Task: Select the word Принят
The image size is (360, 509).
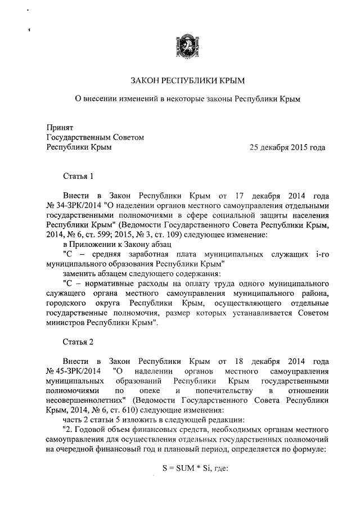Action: click(59, 127)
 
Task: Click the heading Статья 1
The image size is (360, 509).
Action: click(78, 177)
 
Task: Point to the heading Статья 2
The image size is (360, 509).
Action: click(78, 341)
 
